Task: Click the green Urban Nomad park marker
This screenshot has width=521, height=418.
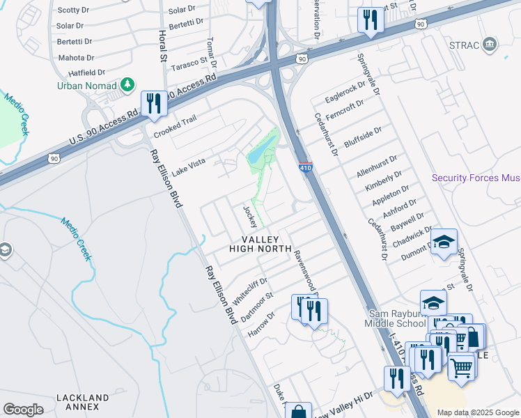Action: [x=127, y=85]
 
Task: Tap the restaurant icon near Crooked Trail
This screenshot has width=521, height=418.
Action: [x=153, y=104]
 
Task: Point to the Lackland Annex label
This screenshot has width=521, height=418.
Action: [x=83, y=403]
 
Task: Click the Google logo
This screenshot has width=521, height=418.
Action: [x=23, y=410]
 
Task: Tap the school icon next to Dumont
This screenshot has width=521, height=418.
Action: [x=443, y=243]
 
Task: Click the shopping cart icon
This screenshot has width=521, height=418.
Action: [x=461, y=366]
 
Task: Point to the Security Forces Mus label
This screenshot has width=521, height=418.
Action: [x=476, y=178]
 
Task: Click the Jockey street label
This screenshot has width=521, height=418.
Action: [x=251, y=216]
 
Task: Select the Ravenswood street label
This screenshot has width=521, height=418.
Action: [x=304, y=270]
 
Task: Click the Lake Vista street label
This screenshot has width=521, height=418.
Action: [x=189, y=165]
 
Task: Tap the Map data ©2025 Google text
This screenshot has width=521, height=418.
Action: [x=478, y=412]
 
